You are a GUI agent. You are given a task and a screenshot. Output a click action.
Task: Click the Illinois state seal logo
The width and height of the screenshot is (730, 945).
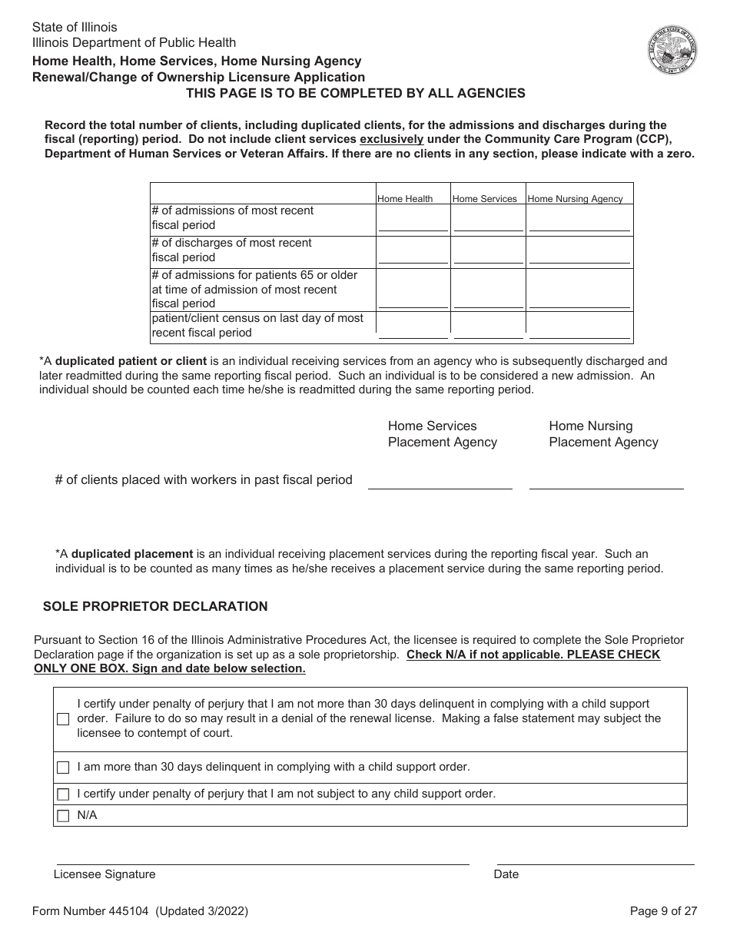click(x=672, y=50)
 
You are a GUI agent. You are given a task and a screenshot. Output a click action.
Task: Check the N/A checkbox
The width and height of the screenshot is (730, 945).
click(x=63, y=816)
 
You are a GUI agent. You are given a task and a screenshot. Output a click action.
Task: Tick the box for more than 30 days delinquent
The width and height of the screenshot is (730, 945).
click(x=63, y=768)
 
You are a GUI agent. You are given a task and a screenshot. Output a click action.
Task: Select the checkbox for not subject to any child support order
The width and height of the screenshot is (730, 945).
click(x=63, y=794)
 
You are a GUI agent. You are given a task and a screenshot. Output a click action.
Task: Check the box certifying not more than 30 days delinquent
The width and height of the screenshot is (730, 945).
click(x=63, y=719)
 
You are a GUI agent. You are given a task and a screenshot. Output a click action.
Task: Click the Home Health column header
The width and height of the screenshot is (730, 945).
click(x=405, y=199)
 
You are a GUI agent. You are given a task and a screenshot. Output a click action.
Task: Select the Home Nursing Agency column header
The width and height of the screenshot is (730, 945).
click(x=575, y=199)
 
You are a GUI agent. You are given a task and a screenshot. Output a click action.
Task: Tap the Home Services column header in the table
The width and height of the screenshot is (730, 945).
click(x=484, y=199)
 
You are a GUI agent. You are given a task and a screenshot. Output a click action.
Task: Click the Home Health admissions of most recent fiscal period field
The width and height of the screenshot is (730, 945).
click(x=413, y=224)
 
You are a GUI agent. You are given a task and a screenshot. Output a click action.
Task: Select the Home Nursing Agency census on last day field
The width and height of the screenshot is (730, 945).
click(x=579, y=332)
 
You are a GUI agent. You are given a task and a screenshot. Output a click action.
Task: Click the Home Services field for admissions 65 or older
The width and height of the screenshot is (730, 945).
click(x=488, y=301)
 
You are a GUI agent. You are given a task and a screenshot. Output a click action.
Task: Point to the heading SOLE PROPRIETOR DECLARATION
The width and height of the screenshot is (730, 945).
click(x=155, y=606)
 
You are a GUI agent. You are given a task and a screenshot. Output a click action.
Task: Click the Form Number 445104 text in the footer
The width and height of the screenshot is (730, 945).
click(x=140, y=911)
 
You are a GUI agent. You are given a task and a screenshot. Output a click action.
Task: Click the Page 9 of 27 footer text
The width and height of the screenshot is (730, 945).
click(x=663, y=911)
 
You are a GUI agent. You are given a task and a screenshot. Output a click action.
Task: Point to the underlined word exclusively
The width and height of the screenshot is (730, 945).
click(x=392, y=139)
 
